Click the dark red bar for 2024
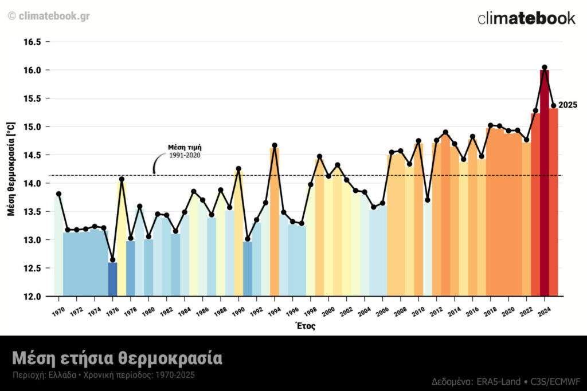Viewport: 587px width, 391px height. [545, 183]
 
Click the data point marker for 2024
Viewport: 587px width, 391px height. [545, 68]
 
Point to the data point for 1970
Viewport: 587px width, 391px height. [58, 194]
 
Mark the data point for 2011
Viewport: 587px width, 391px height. [428, 200]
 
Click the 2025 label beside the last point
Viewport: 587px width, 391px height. [568, 105]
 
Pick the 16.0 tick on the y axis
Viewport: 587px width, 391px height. [33, 70]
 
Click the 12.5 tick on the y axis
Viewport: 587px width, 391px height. [33, 268]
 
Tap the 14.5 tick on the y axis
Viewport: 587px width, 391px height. [33, 155]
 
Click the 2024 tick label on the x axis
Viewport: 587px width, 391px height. [543, 311]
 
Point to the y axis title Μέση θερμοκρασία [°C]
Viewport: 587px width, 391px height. [11, 168]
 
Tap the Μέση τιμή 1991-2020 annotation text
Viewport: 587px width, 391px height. [185, 151]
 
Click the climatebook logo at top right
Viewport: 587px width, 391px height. [526, 18]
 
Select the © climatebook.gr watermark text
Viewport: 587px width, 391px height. [49, 16]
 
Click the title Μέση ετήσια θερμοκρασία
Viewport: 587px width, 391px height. [117, 359]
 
